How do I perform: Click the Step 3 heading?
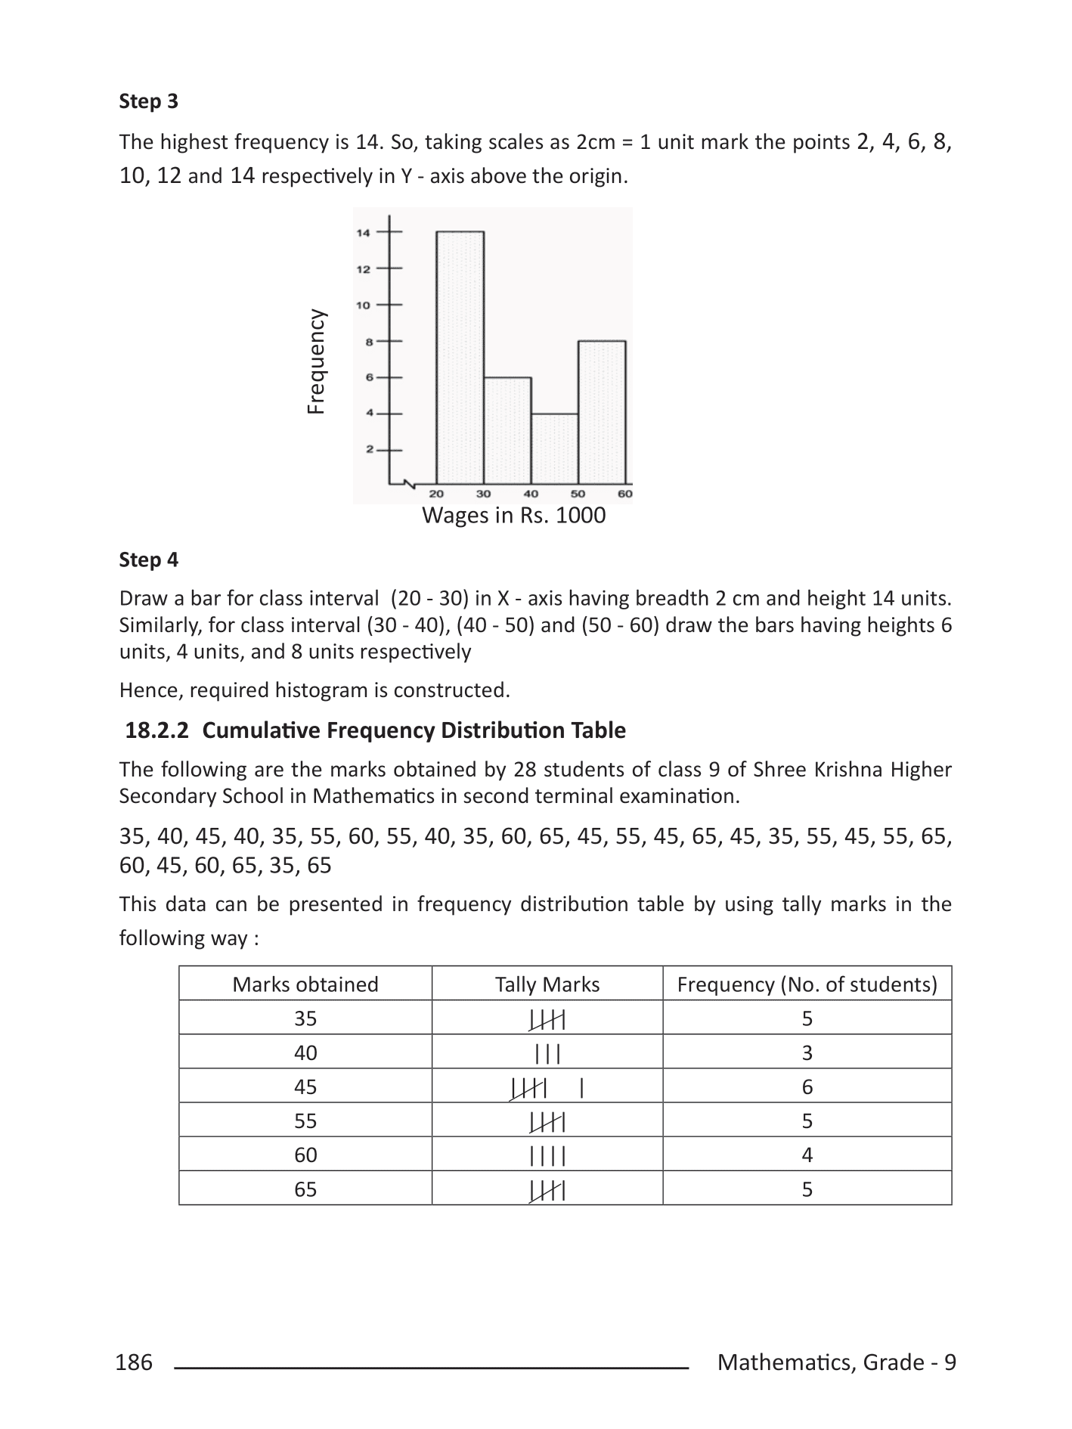point(148,101)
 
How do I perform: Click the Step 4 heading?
point(148,560)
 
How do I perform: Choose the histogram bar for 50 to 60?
point(602,411)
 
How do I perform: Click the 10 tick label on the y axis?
point(364,305)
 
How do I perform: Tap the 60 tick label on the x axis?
point(625,494)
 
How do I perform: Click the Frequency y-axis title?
point(316,361)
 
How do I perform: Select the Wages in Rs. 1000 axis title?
point(513,516)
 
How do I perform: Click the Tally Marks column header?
point(547,984)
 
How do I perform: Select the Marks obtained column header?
point(305,984)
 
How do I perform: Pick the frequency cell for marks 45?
point(807,1087)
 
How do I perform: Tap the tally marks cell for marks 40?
point(547,1053)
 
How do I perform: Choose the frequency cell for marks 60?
point(807,1155)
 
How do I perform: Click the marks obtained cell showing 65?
point(305,1190)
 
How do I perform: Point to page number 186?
point(134,1362)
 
